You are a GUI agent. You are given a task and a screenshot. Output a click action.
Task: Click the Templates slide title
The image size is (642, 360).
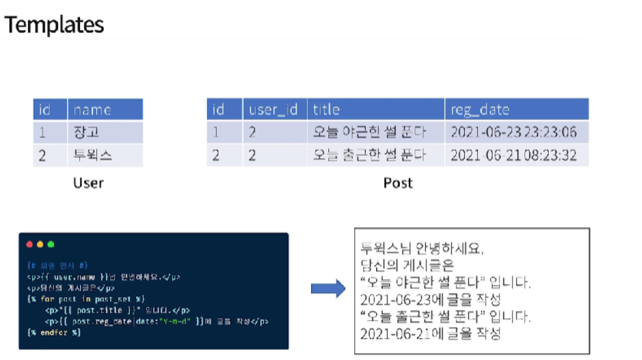coord(54,25)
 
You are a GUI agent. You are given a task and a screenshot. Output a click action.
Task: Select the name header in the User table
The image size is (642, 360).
coord(92,109)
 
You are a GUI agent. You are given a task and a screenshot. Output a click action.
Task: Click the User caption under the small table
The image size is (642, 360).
coord(88,183)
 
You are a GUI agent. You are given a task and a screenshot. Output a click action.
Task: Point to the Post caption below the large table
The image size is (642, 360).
coord(397,183)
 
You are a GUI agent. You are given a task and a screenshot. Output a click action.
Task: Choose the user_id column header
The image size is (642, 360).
coord(273,109)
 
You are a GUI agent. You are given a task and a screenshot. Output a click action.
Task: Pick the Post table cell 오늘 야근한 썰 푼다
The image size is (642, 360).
coord(369,133)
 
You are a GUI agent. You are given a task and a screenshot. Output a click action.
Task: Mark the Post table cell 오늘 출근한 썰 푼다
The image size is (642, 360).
coord(369,155)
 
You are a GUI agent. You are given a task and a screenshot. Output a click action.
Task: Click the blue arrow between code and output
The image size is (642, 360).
coord(328,290)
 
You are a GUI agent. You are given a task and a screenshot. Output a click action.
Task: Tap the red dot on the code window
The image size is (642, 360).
coord(29,245)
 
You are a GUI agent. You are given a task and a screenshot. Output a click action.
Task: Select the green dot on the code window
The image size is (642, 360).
coord(51,245)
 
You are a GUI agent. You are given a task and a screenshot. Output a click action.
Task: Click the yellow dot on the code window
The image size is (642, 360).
coord(40,245)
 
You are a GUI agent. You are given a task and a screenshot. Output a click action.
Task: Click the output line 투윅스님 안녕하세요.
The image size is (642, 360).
coord(423,249)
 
